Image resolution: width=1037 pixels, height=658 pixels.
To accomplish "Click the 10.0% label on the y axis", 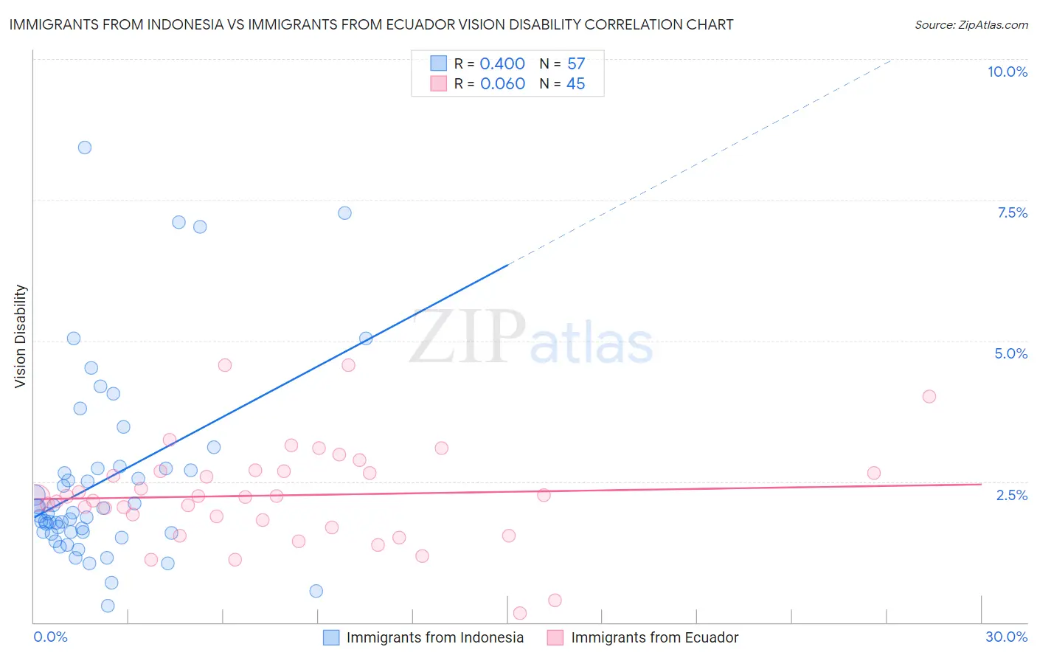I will click(1007, 72).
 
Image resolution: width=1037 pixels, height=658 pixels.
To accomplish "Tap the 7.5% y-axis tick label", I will click(1012, 212).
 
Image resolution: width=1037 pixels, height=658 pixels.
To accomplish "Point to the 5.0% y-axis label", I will click(1010, 353).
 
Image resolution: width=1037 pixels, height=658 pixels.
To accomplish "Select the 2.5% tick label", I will click(1011, 495).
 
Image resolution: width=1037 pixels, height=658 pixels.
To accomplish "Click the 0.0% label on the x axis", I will click(50, 637).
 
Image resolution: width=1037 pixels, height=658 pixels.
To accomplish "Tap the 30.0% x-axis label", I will click(1006, 637).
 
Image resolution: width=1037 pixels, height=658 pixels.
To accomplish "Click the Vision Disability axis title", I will click(21, 336).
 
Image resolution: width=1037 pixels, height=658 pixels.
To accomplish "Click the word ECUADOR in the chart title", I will click(415, 24).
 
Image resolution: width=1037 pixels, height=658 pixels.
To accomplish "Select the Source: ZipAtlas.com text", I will click(971, 24).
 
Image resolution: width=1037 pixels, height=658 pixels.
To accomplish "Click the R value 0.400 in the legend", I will click(502, 63).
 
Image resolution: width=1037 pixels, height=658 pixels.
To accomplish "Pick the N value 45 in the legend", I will click(575, 83).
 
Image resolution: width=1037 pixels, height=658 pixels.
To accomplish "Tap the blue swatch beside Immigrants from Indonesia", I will click(331, 637).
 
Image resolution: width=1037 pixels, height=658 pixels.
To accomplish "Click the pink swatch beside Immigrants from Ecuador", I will click(555, 637).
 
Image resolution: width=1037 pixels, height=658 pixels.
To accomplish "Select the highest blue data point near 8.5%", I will click(85, 148).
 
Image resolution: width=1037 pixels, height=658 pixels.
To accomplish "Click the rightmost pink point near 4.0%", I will click(929, 396).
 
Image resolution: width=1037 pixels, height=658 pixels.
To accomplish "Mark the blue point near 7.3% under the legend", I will click(344, 213).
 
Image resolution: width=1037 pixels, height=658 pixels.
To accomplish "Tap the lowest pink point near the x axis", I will click(519, 613).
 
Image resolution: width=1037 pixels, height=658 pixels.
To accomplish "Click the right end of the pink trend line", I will click(981, 484).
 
